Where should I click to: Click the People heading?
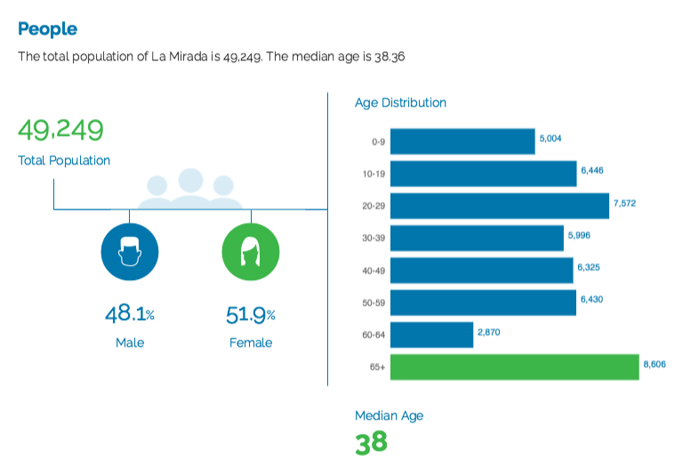(47, 29)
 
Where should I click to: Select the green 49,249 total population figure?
(60, 130)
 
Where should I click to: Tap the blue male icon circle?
(130, 252)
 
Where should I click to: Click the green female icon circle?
(251, 252)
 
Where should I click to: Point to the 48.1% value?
(130, 314)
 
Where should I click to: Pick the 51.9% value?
(251, 315)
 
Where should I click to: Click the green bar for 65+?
(514, 367)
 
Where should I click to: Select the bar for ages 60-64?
(431, 335)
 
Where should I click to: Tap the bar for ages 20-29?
(500, 206)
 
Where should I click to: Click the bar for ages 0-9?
(462, 141)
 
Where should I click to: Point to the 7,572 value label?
(624, 204)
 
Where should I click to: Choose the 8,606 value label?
(655, 365)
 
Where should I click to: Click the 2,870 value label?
(489, 333)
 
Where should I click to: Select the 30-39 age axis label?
(374, 238)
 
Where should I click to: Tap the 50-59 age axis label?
(374, 302)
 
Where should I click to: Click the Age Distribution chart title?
(400, 103)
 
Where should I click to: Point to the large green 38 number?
(371, 443)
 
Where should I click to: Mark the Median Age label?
(389, 416)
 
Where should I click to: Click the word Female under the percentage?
(251, 343)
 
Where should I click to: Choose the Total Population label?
(64, 161)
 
